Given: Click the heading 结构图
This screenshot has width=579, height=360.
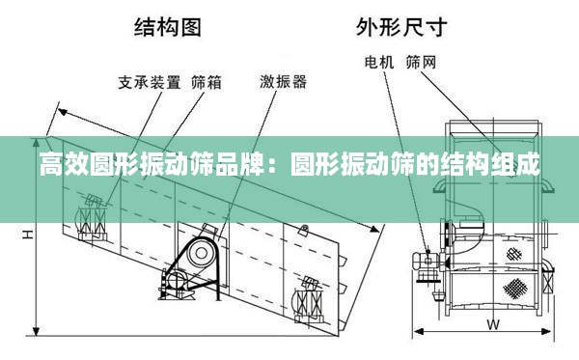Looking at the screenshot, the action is click(x=168, y=27).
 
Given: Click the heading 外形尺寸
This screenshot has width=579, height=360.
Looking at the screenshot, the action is click(x=401, y=27).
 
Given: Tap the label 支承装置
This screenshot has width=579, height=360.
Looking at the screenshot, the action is click(x=150, y=82).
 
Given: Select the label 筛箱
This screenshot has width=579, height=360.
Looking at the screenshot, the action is click(x=207, y=82).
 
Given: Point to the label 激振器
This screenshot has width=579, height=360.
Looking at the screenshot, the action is click(x=283, y=82).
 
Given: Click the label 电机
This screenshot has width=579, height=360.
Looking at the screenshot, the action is click(x=379, y=63).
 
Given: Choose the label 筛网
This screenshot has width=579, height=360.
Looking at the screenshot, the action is click(x=422, y=63).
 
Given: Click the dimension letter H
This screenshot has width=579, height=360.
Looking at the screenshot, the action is click(x=28, y=235).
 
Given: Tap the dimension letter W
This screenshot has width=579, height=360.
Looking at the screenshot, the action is click(x=493, y=324).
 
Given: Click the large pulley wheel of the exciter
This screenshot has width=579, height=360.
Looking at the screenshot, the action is click(x=202, y=253).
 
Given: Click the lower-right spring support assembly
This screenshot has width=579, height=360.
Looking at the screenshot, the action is click(x=310, y=301).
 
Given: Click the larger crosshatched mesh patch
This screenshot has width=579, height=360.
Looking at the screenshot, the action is click(x=514, y=288).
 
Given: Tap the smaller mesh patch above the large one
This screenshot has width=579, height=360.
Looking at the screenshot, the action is click(x=514, y=254).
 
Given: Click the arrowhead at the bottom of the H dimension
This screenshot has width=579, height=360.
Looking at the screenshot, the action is click(x=36, y=331).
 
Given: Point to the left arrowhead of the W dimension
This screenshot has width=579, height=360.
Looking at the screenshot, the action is click(x=418, y=331).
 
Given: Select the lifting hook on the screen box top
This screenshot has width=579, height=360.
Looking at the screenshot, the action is click(x=304, y=231).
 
